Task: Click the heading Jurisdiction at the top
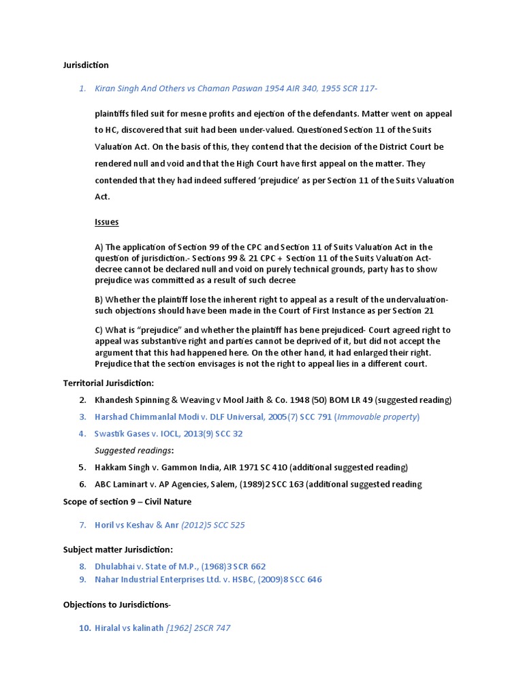(86, 65)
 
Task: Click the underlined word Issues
(106, 222)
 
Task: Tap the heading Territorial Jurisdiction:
(109, 383)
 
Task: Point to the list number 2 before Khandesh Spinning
(82, 400)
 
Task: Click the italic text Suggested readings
(133, 451)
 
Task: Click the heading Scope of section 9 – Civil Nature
(127, 502)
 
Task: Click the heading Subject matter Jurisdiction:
(118, 549)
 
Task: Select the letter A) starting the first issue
(99, 247)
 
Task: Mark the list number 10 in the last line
(85, 628)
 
